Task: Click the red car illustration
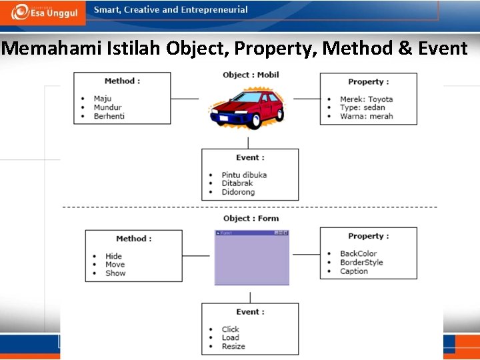pos(247,108)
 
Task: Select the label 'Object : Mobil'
pos(251,75)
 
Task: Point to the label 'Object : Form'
pos(251,219)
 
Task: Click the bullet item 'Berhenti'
pos(109,117)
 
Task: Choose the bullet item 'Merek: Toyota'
pos(366,99)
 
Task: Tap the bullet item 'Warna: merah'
pos(366,117)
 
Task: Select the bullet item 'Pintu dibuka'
pos(244,175)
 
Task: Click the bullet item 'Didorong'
pos(238,193)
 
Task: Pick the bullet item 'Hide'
pos(113,256)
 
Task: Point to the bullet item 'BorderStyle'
pos(361,263)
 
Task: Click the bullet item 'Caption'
pos(353,271)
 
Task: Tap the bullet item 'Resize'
pos(233,347)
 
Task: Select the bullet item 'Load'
pos(230,338)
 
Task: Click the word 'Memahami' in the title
pos(41,49)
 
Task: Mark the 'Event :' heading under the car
pos(250,158)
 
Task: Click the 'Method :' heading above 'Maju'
pos(122,81)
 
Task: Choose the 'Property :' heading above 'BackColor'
pos(368,236)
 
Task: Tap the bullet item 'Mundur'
pos(107,108)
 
